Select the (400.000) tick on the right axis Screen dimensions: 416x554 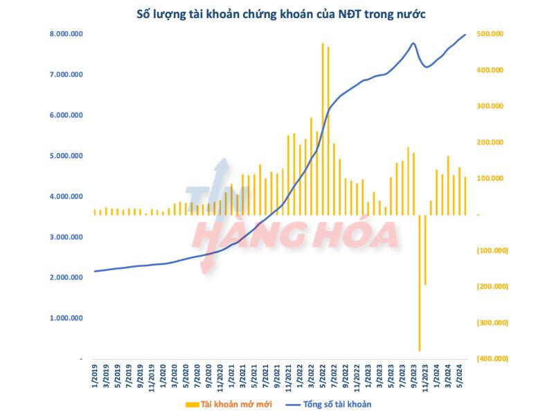[493, 358]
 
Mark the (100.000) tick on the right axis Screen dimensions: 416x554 [493, 250]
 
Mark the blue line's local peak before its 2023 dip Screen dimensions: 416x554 [413, 44]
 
